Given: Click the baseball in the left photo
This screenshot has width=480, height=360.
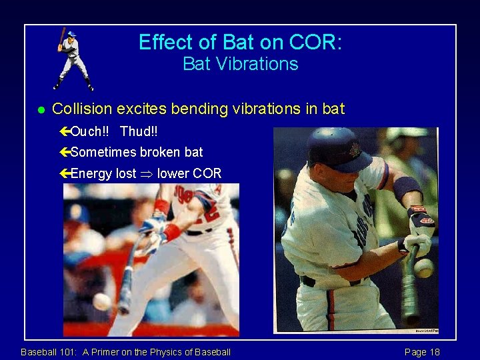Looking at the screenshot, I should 101,301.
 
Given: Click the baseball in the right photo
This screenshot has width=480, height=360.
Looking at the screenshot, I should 423,267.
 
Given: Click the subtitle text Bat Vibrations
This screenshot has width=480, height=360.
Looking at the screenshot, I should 240,65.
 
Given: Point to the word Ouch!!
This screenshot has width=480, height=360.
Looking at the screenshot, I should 92,131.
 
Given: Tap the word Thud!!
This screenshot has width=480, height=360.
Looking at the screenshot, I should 139,131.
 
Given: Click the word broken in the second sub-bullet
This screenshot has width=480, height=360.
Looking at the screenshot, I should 160,152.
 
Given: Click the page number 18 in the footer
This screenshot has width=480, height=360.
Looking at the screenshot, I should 433,352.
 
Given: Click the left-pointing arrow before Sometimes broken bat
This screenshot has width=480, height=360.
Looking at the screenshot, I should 65,153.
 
